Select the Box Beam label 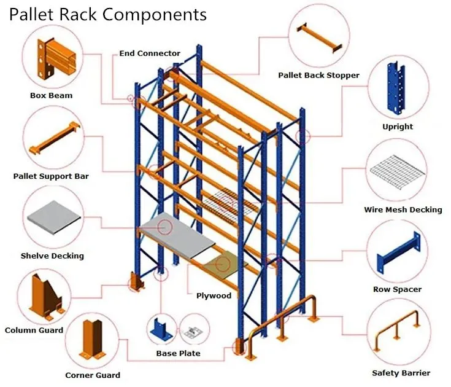51,95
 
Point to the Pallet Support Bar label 51,176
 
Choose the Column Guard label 34,330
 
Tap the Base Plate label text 178,353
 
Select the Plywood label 214,295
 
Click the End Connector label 150,53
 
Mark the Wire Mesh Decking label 403,209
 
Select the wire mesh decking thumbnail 397,173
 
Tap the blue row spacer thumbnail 397,255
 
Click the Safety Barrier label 401,373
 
